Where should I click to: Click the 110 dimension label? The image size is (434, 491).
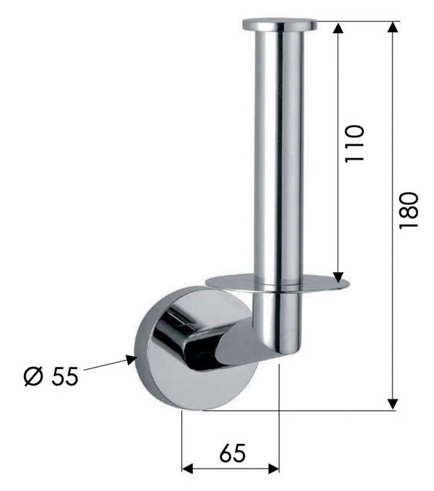tap(355, 143)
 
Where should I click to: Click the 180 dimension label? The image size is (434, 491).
tap(409, 210)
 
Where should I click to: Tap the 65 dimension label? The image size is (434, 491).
tap(233, 453)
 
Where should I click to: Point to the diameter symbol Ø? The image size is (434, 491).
tap(33, 376)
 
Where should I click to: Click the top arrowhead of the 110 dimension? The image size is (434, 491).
tap(338, 28)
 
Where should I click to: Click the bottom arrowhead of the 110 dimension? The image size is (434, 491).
tap(338, 277)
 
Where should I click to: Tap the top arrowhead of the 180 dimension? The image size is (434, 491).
tap(392, 27)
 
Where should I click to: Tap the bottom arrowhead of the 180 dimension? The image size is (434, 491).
tap(392, 404)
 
